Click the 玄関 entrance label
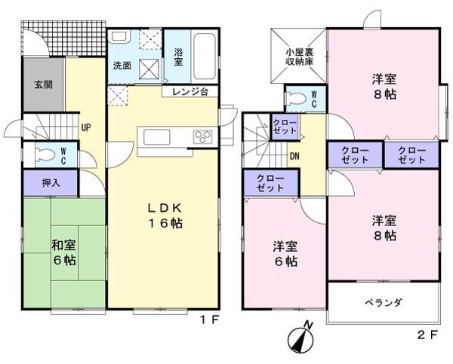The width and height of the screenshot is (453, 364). point(42,84)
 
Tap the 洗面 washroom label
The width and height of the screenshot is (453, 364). point(122,66)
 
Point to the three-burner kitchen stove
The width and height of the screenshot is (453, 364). point(204,136)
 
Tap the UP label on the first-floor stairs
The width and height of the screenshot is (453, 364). point(86,127)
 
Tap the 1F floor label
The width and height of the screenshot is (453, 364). point(209,320)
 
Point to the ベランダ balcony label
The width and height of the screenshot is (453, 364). point(384,302)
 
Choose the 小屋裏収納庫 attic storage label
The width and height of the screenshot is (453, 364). point(300,57)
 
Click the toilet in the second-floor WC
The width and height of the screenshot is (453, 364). point(297,97)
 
